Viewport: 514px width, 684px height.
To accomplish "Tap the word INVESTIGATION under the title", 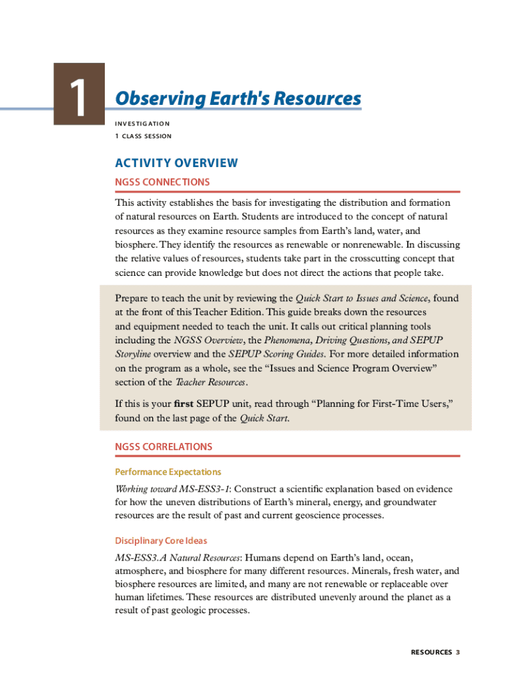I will [142, 124].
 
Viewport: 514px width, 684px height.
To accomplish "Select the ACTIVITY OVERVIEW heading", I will [176, 163].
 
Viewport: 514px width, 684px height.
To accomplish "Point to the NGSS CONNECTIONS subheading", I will [162, 182].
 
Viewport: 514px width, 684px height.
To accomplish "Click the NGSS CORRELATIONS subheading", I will [164, 447].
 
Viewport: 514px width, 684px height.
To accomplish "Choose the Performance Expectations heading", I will [168, 472].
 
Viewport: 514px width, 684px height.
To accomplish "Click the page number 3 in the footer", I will [458, 652].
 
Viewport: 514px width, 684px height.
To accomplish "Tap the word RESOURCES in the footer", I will [431, 652].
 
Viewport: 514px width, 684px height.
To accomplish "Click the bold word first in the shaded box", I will [184, 405].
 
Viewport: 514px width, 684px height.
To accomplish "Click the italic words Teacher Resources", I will [211, 382].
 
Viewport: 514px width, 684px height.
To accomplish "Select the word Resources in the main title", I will [320, 99].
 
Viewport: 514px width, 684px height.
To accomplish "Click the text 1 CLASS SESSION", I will [143, 136].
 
